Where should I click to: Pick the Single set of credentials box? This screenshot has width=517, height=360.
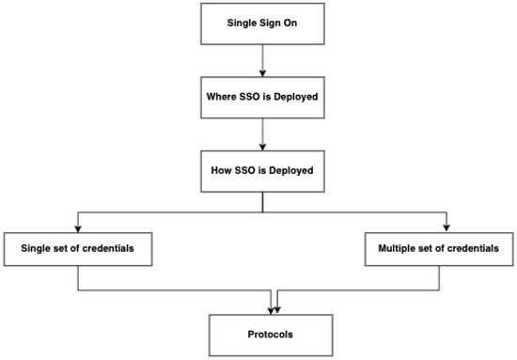77,248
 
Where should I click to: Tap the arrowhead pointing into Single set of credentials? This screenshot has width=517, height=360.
77,226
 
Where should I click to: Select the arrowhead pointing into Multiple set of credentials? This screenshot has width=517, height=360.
446,226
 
